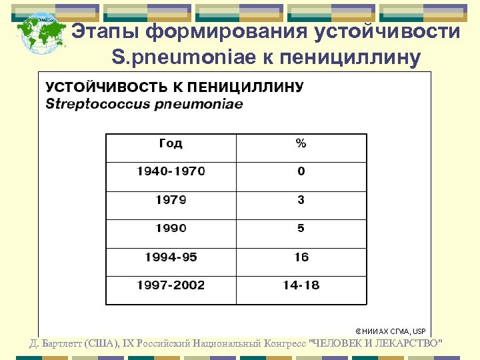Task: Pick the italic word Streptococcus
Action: pos(90,104)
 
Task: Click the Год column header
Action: pos(171,143)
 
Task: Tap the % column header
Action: pos(301,143)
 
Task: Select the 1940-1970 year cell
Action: pos(171,171)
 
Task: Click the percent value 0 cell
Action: pos(301,171)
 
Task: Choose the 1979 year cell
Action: pos(171,200)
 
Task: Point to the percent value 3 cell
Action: pos(301,200)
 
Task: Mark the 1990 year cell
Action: pos(171,228)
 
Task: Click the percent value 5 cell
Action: pos(301,228)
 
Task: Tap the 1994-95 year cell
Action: pos(171,257)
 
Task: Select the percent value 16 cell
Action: pos(301,257)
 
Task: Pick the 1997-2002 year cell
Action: pos(171,285)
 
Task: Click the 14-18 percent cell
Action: pos(301,285)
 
